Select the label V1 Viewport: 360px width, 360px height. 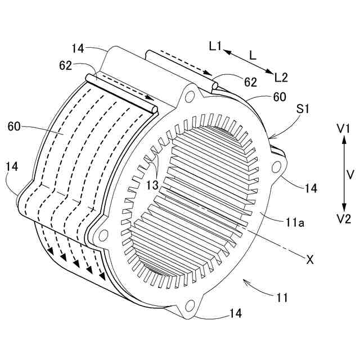[344, 129]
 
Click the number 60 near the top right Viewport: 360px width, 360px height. [279, 97]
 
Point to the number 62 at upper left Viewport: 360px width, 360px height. [65, 66]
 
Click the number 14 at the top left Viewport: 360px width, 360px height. [78, 48]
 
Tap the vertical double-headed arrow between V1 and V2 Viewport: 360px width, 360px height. [344, 174]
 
